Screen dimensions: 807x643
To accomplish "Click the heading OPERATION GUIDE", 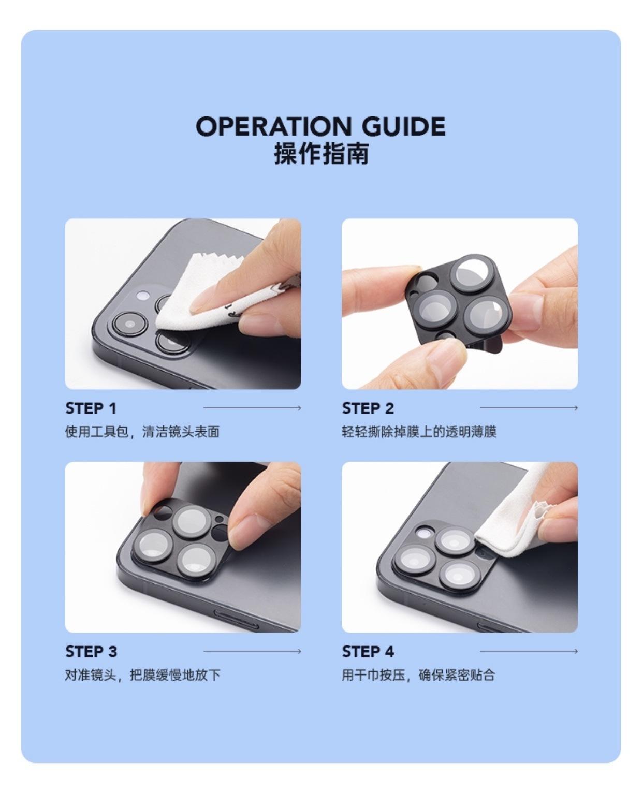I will click(x=320, y=127).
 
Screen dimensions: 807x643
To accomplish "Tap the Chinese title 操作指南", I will click(x=321, y=154).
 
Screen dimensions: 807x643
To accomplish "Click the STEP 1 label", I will click(x=91, y=408).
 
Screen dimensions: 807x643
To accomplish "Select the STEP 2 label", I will click(x=368, y=408).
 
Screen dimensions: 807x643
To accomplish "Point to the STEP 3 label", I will click(x=91, y=651).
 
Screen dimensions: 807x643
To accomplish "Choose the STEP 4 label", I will click(x=368, y=651).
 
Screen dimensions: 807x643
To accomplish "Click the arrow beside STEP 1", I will click(x=252, y=408).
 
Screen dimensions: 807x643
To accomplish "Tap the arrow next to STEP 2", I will click(x=529, y=408).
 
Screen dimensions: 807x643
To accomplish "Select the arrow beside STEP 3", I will click(x=252, y=651).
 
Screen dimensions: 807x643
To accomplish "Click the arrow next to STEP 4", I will click(x=529, y=651).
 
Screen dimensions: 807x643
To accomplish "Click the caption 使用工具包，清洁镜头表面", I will click(x=142, y=432).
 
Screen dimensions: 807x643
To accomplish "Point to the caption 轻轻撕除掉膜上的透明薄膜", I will click(x=419, y=432).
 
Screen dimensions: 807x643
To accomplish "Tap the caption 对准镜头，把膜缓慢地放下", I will click(x=142, y=675).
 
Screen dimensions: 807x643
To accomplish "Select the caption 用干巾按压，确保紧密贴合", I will click(x=418, y=675).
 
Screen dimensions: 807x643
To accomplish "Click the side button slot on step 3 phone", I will click(x=236, y=619).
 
